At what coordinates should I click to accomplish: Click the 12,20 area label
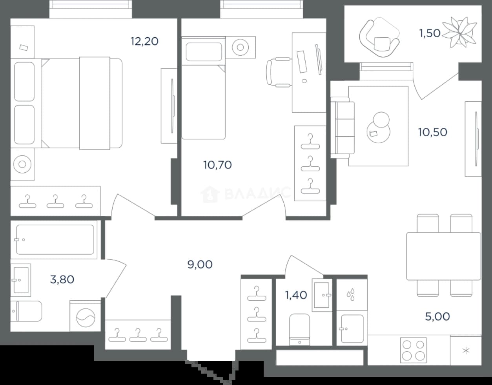click(x=144, y=42)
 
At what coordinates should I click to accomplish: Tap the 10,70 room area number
click(x=217, y=165)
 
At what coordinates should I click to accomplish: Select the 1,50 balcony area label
click(x=430, y=33)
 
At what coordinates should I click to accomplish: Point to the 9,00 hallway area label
click(x=200, y=265)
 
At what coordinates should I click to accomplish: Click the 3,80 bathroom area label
click(x=62, y=279)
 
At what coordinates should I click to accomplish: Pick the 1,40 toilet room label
click(x=296, y=295)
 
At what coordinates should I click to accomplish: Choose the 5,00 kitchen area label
click(x=437, y=317)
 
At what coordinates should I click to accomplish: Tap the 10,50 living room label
click(x=433, y=132)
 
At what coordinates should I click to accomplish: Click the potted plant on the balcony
click(x=459, y=33)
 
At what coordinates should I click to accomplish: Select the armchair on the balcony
click(x=379, y=37)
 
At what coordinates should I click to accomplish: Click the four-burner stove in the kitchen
click(x=414, y=350)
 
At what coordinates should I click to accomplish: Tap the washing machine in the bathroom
click(x=85, y=316)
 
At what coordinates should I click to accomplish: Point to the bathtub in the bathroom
click(x=54, y=240)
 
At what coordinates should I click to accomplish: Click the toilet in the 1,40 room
click(x=299, y=330)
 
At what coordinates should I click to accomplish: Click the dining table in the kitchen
click(x=444, y=256)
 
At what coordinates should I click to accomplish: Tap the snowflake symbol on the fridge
click(x=466, y=351)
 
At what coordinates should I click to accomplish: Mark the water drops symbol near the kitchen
click(x=350, y=294)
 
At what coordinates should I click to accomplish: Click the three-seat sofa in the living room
click(x=343, y=128)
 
